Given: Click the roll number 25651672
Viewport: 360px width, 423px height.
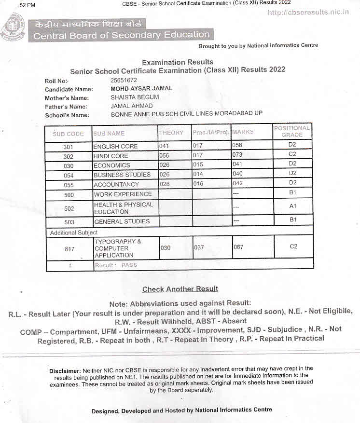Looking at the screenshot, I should (124, 81).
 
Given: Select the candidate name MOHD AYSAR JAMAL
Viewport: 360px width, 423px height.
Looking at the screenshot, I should (141, 89).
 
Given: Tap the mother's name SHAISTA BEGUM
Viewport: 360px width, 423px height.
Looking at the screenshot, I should (135, 97).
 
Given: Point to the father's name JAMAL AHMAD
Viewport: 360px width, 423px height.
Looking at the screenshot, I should (131, 106).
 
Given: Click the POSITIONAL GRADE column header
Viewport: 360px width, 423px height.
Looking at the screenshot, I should (292, 131).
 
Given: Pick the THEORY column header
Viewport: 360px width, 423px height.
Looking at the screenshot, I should (171, 133).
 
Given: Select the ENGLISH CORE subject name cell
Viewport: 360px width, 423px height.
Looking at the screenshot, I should (116, 146).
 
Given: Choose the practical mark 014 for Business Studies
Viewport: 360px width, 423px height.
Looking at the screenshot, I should (198, 175).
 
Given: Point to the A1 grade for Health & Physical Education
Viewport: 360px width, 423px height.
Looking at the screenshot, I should (292, 206).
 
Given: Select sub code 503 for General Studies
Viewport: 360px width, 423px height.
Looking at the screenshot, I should (69, 222).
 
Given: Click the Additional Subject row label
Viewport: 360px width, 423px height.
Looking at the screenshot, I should (74, 232).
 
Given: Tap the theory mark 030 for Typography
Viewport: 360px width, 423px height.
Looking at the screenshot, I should (165, 247).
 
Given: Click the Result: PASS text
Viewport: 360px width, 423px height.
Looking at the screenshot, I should (116, 265).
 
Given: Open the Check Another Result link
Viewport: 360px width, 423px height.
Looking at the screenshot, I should (180, 289).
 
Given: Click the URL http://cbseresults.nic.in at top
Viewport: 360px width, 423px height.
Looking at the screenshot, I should (308, 12).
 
